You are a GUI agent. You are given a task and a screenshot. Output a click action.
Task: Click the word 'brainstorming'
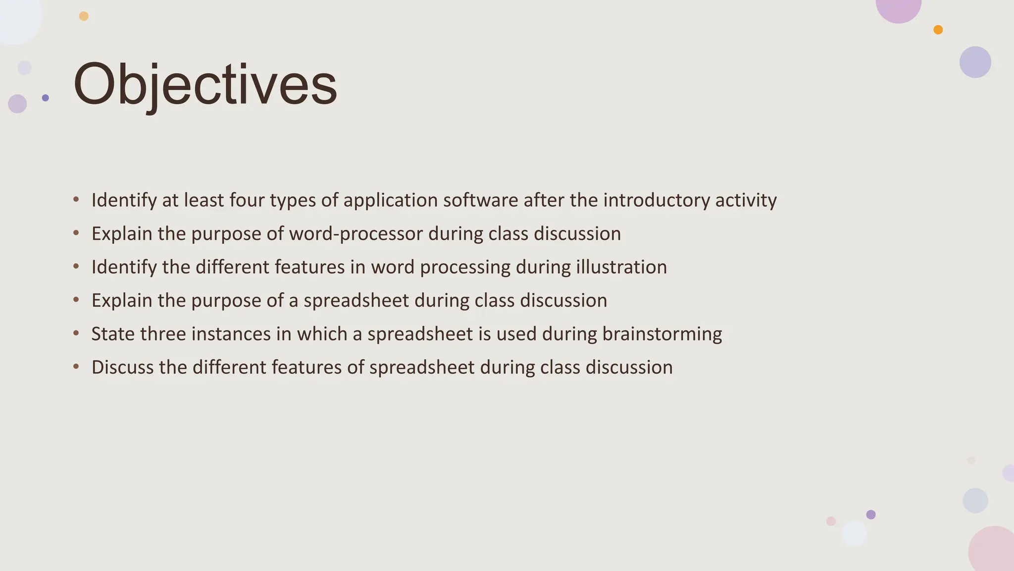(x=661, y=334)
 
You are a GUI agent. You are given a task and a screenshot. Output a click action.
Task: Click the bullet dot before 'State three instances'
(x=76, y=333)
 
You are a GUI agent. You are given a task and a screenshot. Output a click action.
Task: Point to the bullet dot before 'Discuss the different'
(x=76, y=367)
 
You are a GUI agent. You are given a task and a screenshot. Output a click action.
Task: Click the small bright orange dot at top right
(x=938, y=30)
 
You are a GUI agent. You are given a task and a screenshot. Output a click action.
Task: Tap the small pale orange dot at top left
(x=84, y=16)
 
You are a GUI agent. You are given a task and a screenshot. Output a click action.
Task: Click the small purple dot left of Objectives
(x=46, y=98)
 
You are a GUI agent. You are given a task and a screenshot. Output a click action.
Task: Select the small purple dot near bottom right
(x=871, y=514)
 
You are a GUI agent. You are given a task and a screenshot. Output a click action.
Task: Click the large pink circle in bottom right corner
(x=993, y=550)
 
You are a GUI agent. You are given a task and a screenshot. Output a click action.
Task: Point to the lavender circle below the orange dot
(x=975, y=62)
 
